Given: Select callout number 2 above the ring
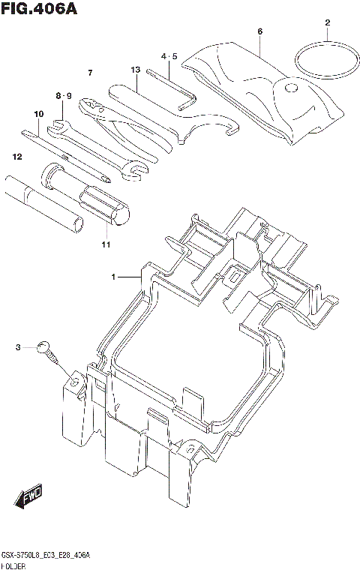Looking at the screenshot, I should click(x=327, y=22).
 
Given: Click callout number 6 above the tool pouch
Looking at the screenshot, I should click(x=259, y=31).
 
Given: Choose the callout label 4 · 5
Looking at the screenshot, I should click(x=169, y=56).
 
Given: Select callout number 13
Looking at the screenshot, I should click(x=135, y=70).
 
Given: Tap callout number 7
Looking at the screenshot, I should click(x=89, y=72).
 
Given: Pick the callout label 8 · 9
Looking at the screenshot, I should click(x=63, y=95).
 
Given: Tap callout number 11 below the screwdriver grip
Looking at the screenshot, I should click(x=105, y=244).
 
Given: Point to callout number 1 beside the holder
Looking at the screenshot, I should click(x=115, y=277).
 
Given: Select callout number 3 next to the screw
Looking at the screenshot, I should click(x=17, y=346).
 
